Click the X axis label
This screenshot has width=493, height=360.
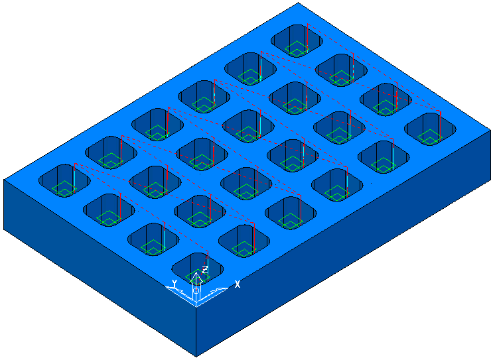click(x=238, y=284)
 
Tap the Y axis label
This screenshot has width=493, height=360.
click(x=175, y=282)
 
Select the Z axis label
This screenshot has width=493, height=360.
click(x=205, y=270)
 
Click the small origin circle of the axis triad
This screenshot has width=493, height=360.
click(x=196, y=290)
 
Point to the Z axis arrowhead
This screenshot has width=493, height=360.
click(x=196, y=276)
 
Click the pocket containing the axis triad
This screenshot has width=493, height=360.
click(x=198, y=269)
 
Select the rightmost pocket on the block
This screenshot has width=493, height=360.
click(x=430, y=129)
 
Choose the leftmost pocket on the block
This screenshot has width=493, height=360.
click(x=64, y=181)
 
